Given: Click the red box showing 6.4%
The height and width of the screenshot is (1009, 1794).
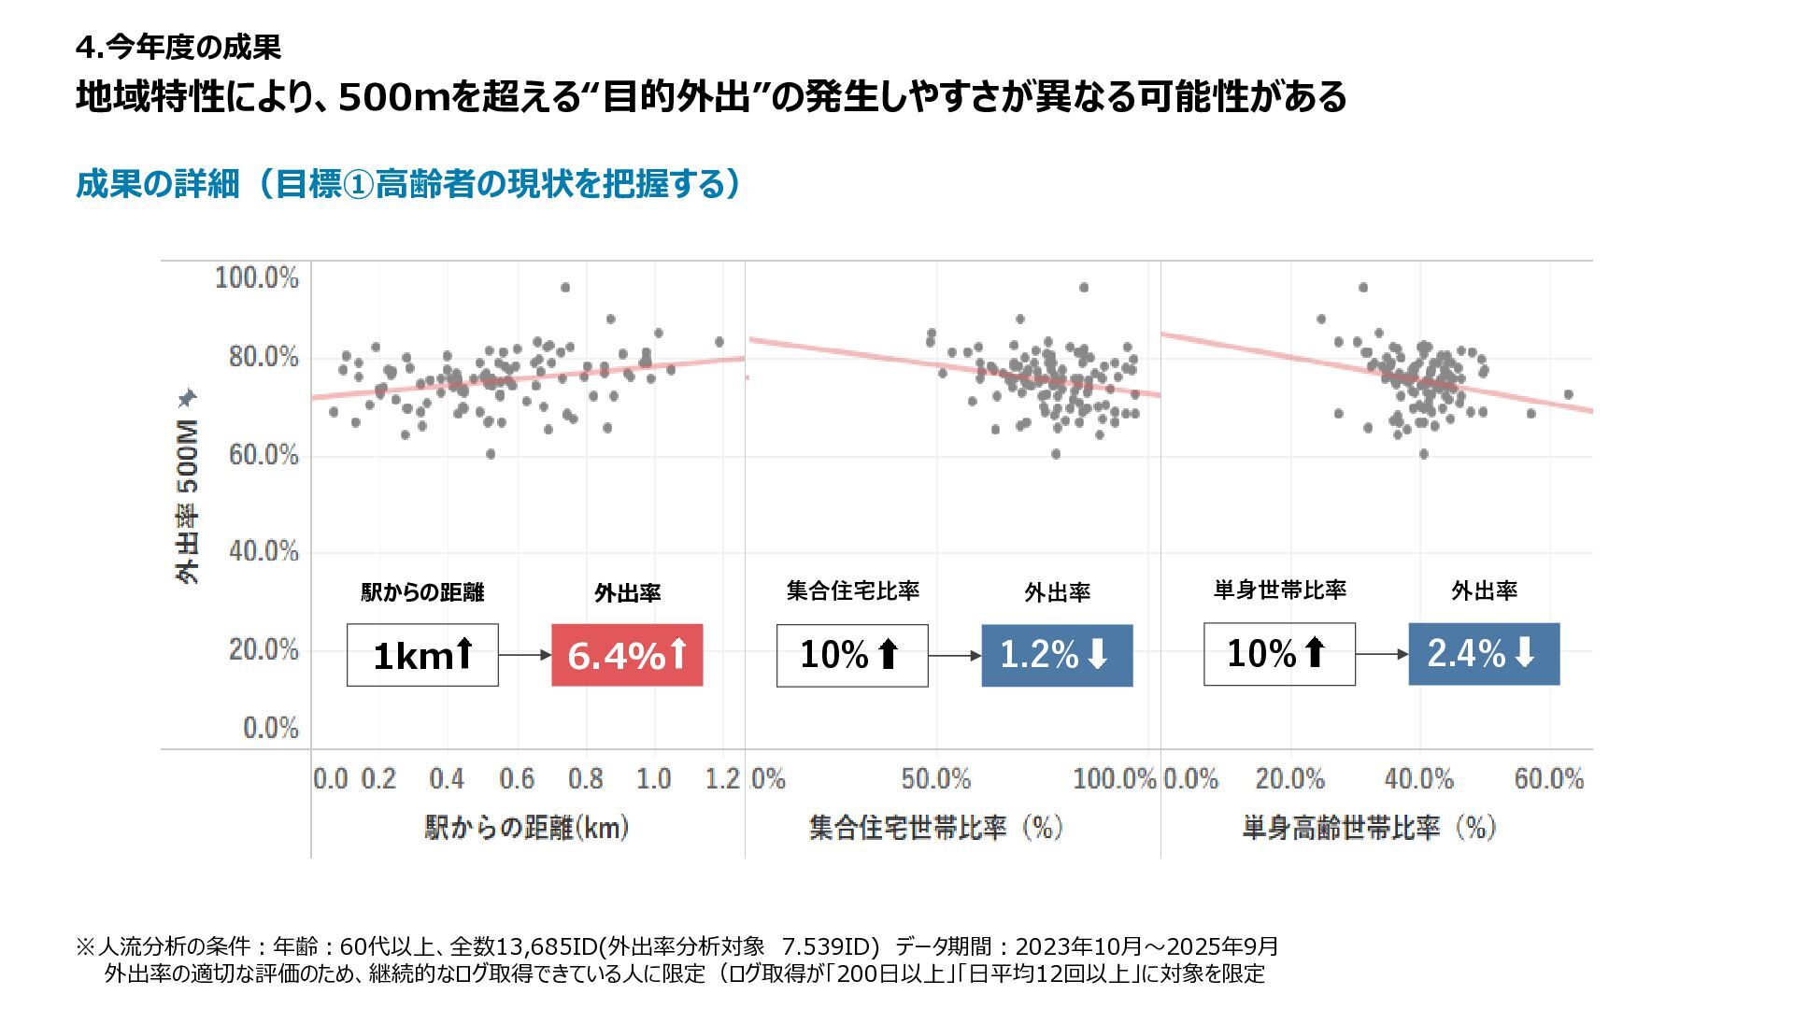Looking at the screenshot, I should [627, 655].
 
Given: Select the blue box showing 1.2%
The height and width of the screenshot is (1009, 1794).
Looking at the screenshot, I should [1057, 655].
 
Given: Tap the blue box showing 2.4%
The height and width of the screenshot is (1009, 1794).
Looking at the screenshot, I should [1484, 654].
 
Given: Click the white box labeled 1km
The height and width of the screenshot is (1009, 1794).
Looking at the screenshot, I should [422, 655].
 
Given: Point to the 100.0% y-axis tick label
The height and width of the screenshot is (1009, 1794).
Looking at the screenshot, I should [257, 277].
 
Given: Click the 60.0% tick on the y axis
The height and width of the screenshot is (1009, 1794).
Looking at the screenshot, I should [263, 455].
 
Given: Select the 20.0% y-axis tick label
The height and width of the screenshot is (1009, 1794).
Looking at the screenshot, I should [263, 649].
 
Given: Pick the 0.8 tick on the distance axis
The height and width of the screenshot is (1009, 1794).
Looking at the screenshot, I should [586, 778].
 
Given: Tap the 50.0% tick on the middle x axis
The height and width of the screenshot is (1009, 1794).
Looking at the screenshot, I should [935, 778].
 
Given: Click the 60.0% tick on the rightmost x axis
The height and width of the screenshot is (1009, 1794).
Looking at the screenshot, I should [1548, 778].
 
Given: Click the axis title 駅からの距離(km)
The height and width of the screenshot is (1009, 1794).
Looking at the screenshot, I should [527, 827].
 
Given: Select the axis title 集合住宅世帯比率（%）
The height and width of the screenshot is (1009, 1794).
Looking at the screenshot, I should [935, 827].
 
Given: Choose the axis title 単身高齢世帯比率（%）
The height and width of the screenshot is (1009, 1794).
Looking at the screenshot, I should [1369, 827].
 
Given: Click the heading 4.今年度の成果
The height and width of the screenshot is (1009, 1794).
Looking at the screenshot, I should [178, 47].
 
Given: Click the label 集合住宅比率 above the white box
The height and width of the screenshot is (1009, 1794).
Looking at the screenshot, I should [852, 590].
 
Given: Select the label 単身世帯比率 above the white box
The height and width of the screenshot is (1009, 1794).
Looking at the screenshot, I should [1279, 590].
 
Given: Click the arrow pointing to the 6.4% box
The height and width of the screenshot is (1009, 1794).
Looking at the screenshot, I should [525, 655].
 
